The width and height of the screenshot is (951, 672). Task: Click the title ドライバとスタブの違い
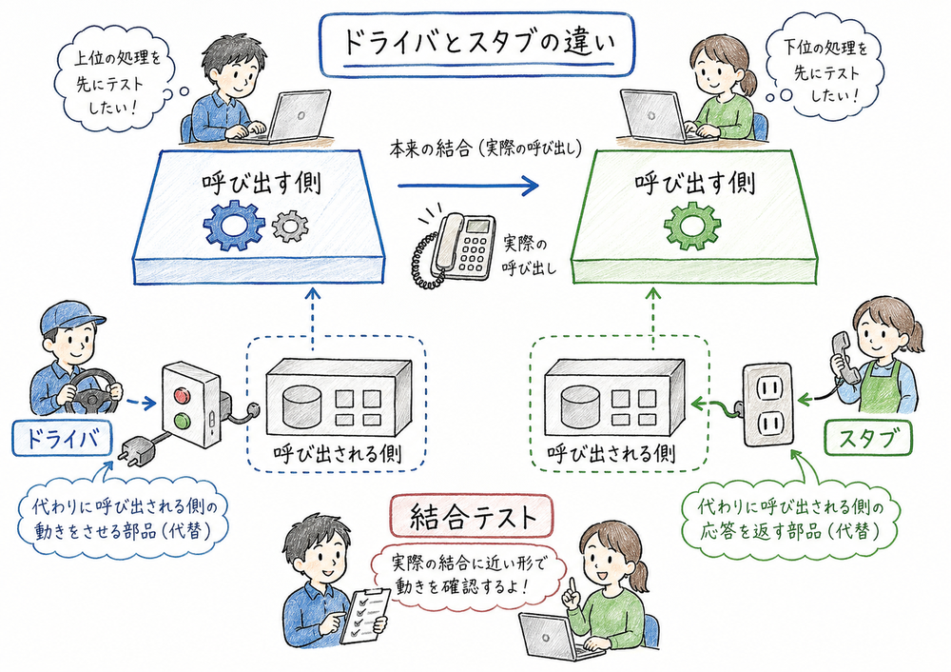(x=475, y=44)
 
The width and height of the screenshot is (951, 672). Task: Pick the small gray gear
(x=290, y=226)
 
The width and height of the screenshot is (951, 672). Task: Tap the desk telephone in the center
(x=456, y=246)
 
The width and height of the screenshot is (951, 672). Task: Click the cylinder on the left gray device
(x=297, y=404)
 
